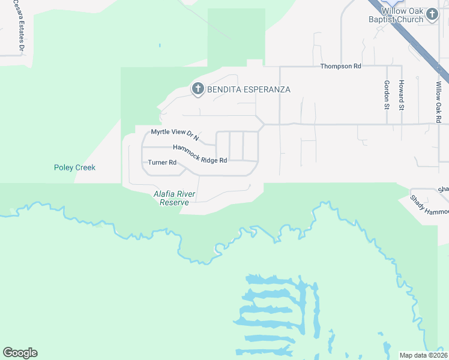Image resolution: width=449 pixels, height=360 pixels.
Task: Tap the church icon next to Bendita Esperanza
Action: coord(197,89)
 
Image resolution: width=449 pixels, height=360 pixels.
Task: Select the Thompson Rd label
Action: coord(340,67)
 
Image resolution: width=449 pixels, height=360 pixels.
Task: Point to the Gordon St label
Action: coord(386,95)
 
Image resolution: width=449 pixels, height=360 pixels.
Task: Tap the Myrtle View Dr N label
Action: coord(174,133)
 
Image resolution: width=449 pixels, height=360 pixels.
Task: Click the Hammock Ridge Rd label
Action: coord(200,154)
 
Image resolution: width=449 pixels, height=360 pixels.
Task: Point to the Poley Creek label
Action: coord(74,168)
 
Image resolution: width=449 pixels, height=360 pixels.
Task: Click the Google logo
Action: coord(20,353)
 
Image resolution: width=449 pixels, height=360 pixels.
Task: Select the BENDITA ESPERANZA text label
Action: coord(249,89)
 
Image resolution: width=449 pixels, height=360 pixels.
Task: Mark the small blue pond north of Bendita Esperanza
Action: coord(160,45)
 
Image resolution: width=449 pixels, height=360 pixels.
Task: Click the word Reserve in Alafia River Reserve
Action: coord(175,203)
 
